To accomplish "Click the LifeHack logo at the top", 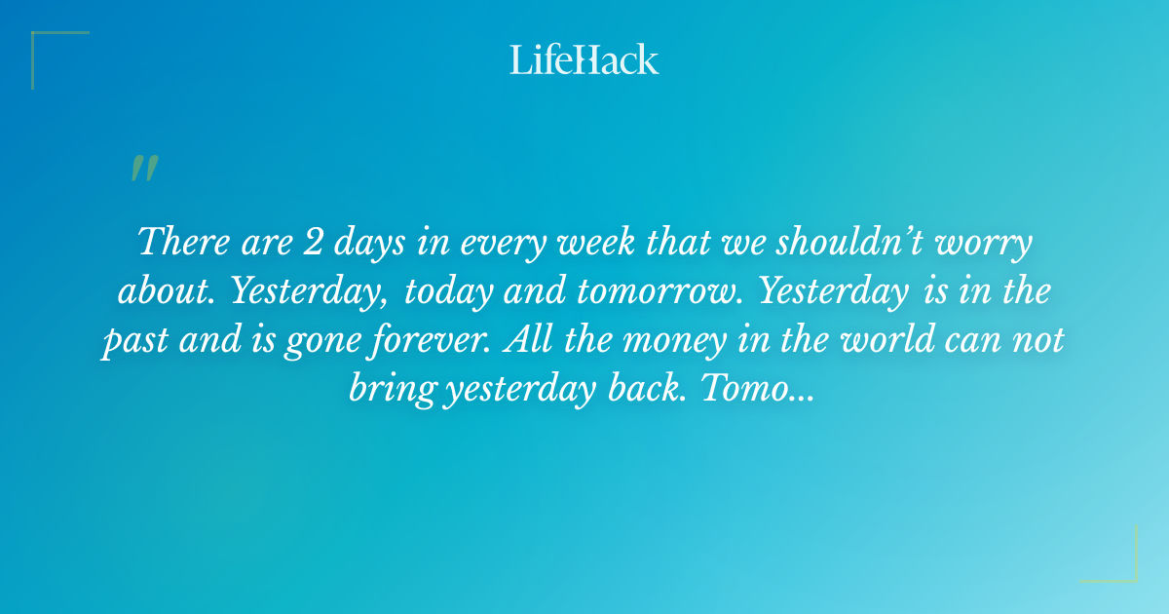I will click(584, 59).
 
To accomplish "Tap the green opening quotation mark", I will click(143, 170).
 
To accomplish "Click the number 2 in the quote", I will click(314, 243).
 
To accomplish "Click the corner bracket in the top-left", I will click(44, 45).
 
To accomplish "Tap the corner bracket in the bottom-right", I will click(1126, 569).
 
